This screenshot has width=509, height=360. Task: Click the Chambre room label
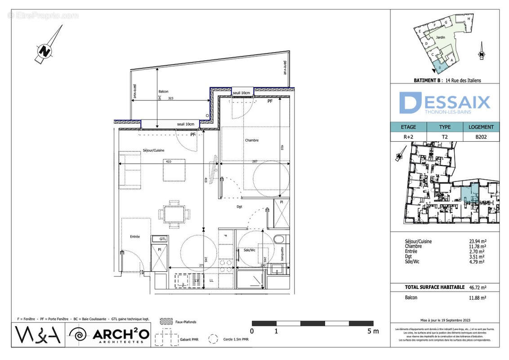[251, 140]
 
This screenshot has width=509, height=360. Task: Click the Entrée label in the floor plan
[135, 237]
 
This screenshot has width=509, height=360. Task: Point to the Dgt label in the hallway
[240, 207]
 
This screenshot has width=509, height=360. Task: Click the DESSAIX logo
[444, 103]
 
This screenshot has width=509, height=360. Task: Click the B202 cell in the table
[481, 137]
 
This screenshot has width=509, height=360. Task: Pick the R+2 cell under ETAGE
[408, 137]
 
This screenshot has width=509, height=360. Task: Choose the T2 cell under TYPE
[444, 137]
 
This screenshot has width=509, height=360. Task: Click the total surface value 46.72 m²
[478, 287]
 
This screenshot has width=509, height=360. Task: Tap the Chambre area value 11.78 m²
[478, 246]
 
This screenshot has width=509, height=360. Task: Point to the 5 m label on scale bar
[373, 331]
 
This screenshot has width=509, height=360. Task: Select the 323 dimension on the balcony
[170, 98]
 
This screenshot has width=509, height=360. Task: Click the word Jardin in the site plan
[440, 37]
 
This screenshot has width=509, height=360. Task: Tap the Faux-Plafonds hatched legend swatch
[166, 322]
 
